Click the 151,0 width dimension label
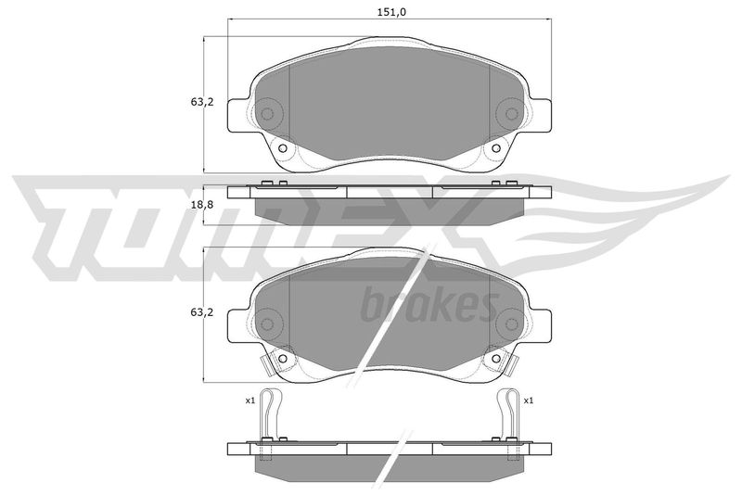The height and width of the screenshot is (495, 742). click(391, 12)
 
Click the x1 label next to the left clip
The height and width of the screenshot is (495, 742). click(249, 400)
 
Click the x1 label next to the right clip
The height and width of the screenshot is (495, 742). click(529, 400)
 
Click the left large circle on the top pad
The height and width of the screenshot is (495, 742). click(268, 113)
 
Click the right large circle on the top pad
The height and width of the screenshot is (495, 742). click(511, 113)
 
